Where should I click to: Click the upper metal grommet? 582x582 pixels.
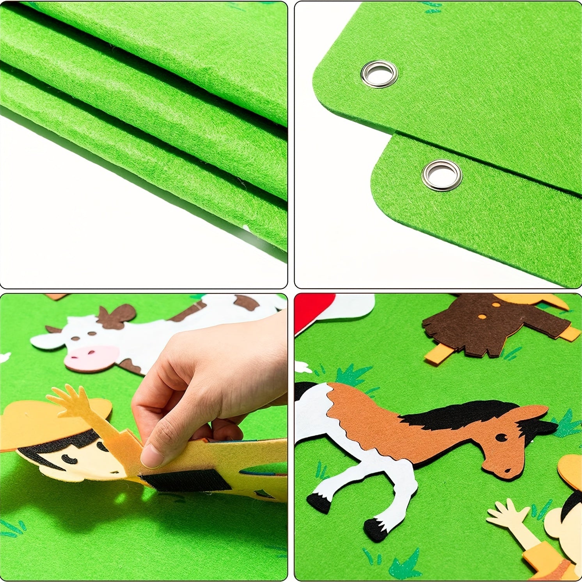point(379,74)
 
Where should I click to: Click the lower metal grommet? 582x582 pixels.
point(442,175)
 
